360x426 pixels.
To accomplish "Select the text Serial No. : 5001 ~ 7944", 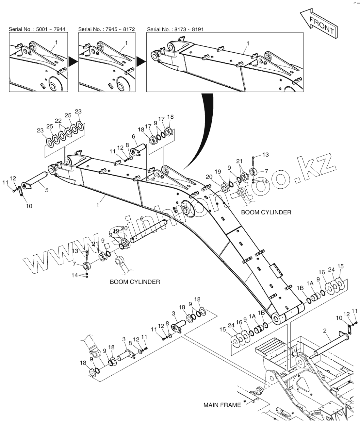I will click(x=37, y=29).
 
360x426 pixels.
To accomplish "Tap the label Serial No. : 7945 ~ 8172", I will click(x=106, y=29).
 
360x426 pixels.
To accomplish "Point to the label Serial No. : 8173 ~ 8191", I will click(x=175, y=29).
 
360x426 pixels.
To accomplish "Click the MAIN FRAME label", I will click(x=222, y=405).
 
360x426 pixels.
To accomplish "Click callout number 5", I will click(x=47, y=190).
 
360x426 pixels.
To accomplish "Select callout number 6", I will click(x=134, y=136).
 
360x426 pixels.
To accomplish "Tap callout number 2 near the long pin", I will click(x=325, y=331).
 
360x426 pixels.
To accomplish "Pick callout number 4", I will click(x=141, y=218).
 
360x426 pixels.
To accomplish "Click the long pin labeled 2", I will click(x=330, y=343).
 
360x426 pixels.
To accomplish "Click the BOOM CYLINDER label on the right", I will click(x=266, y=212).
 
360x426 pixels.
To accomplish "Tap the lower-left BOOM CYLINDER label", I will click(x=135, y=281).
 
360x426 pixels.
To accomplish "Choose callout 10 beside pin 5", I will click(x=29, y=206).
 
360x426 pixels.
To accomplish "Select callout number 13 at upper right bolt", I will click(x=265, y=154).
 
